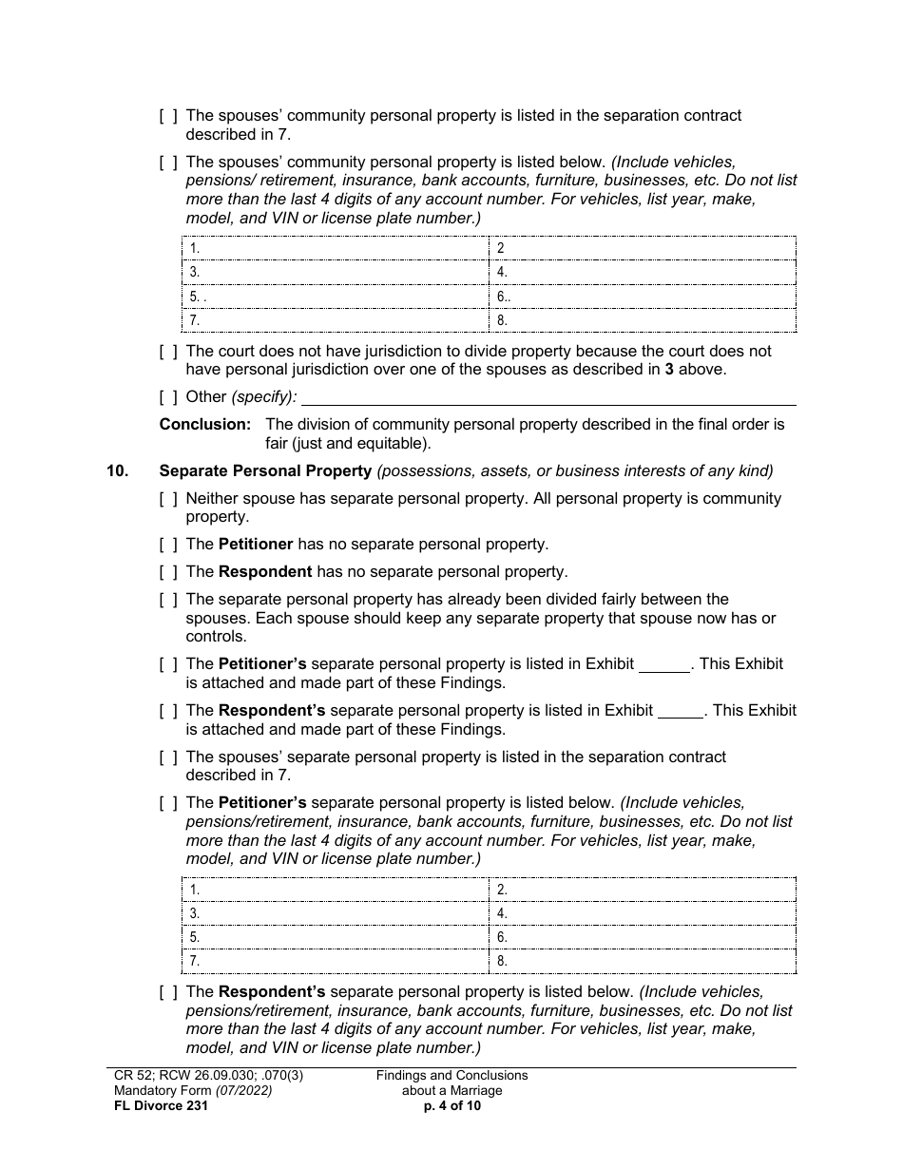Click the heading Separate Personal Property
tap(265, 470)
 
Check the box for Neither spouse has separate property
tap(168, 499)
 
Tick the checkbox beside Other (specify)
tap(168, 397)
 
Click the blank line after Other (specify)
tap(548, 397)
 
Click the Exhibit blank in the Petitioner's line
tap(663, 664)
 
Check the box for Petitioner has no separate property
tap(168, 546)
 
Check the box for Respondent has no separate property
tap(168, 573)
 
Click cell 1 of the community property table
tap(335, 249)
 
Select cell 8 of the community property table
tap(643, 320)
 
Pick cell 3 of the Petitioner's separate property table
tap(335, 913)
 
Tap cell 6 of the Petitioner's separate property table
tap(643, 937)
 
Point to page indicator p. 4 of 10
tap(451, 1105)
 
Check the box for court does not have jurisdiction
tap(168, 352)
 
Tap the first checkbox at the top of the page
tap(168, 116)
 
